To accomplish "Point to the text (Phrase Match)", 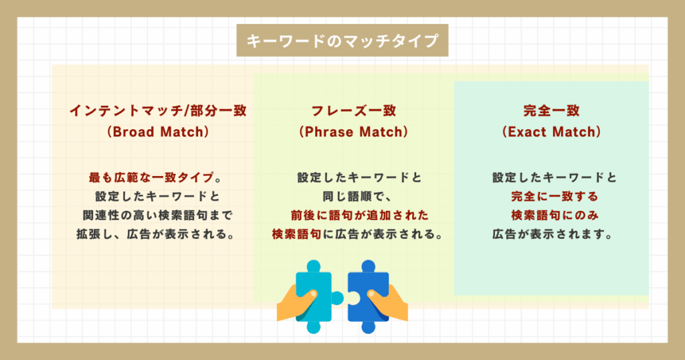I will click(353, 132).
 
